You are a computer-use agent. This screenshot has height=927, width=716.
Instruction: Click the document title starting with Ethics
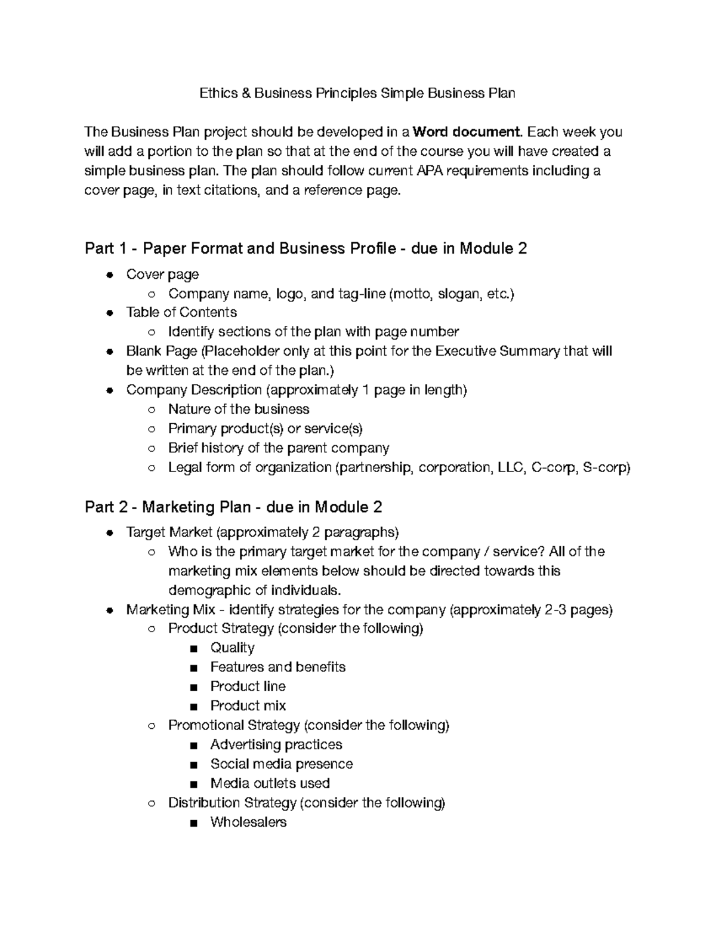[357, 93]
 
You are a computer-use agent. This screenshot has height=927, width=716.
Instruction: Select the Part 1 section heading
[305, 248]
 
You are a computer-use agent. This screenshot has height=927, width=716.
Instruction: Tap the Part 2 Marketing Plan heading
[233, 507]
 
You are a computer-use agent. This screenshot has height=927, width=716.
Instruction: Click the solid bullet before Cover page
[109, 275]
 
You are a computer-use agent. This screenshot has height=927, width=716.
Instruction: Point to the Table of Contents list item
[181, 313]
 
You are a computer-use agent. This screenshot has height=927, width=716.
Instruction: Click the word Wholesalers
[248, 823]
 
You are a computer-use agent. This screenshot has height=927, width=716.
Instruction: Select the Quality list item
[232, 648]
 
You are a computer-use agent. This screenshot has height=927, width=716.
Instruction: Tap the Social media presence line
[281, 765]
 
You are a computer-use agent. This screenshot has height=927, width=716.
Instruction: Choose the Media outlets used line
[270, 784]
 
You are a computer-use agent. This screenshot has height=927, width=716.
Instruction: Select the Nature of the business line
[239, 409]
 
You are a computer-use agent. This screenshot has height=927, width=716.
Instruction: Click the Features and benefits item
[277, 667]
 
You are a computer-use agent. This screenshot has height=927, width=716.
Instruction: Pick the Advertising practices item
[276, 745]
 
